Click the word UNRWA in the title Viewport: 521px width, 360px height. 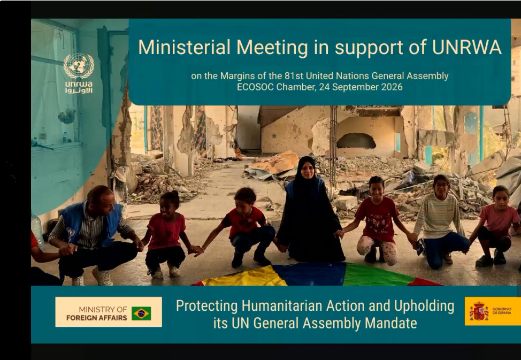(466, 47)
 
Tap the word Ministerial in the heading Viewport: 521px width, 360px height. (184, 47)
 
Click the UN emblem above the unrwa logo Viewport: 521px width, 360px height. (79, 65)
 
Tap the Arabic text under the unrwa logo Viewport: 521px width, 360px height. (79, 90)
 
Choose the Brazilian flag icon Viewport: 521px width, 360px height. (141, 313)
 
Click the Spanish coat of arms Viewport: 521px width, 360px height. (479, 311)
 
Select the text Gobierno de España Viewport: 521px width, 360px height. (502, 311)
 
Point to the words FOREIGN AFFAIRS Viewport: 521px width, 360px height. (97, 318)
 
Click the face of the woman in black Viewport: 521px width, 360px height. (308, 170)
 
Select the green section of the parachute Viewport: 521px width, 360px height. (377, 275)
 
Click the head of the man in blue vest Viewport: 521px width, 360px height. (101, 200)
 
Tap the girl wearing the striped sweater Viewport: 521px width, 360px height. (438, 221)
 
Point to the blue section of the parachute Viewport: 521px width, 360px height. (311, 273)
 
